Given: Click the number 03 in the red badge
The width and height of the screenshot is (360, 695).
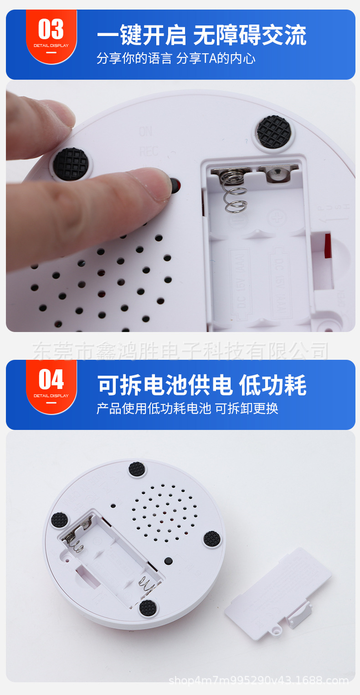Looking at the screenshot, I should coord(51,30).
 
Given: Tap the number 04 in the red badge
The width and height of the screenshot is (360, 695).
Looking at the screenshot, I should coord(51,379).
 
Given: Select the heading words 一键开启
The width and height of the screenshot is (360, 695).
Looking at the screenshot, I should coord(142,36).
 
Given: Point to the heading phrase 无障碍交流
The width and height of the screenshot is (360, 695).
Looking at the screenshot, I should coord(250,36).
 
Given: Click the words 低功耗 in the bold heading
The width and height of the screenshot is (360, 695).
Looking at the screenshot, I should coord(273,385).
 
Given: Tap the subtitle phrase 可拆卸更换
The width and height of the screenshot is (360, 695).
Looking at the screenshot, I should coord(247,408).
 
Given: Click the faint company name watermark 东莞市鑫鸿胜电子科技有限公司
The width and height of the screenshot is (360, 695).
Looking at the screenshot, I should coord(180,351).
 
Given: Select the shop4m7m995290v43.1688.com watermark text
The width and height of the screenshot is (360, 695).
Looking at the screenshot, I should coord(258,680).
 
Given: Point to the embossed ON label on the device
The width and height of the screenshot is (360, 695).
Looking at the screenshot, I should coord(145,132).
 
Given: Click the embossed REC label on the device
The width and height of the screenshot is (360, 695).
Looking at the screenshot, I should coord(149,151).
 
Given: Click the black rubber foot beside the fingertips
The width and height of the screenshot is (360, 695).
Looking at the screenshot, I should coord(71,163).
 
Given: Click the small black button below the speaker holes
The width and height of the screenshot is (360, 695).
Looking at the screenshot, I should coord(169,561).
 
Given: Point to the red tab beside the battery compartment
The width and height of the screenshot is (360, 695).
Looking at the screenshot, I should coord(328,245).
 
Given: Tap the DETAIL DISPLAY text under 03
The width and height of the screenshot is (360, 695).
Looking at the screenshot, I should coord(51,46).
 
